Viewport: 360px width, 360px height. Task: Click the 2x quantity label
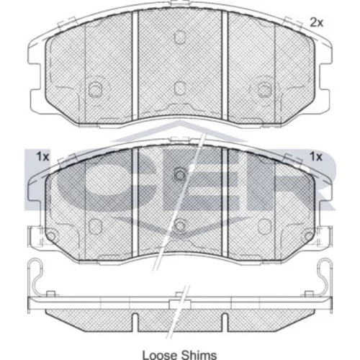[316, 22]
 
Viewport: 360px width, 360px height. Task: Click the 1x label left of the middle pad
[42, 157]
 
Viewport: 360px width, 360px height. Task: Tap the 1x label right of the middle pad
[316, 157]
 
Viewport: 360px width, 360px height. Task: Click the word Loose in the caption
[160, 355]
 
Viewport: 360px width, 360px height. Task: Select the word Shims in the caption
[199, 355]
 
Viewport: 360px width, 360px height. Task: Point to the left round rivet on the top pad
[95, 89]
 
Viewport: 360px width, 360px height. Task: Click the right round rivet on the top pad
[264, 89]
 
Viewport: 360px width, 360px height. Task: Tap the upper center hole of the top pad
[180, 37]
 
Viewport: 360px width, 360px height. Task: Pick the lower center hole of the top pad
[180, 88]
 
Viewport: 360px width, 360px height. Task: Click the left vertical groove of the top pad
[135, 66]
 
